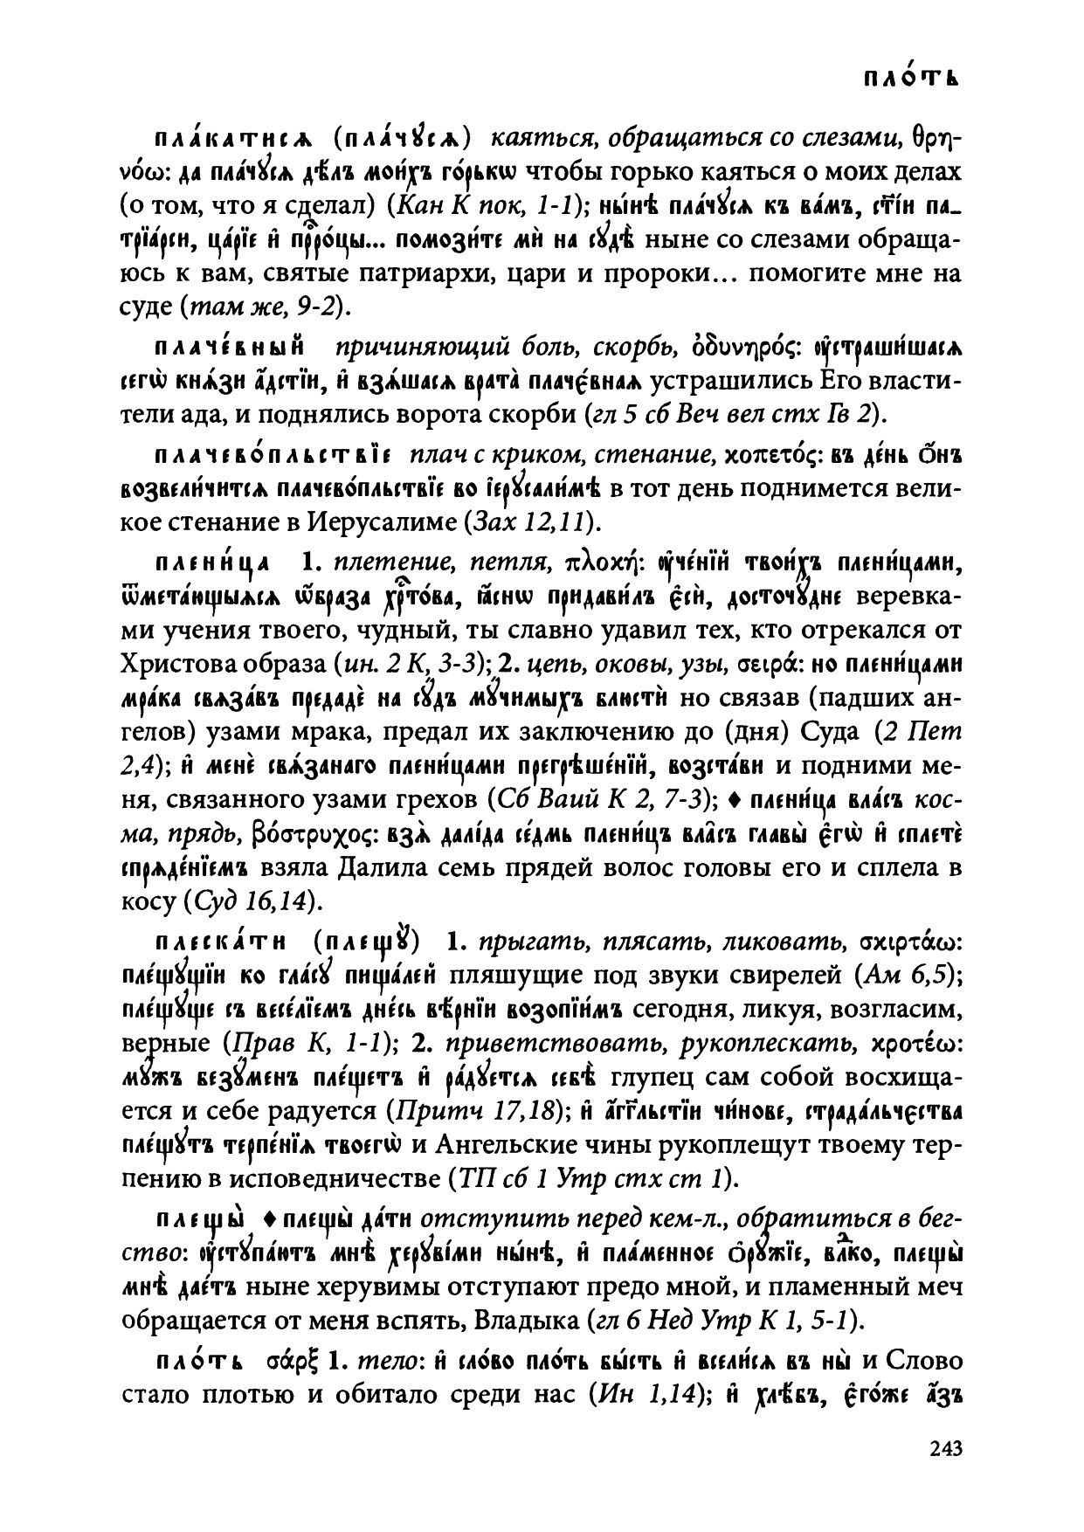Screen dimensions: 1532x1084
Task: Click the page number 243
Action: (945, 1448)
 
